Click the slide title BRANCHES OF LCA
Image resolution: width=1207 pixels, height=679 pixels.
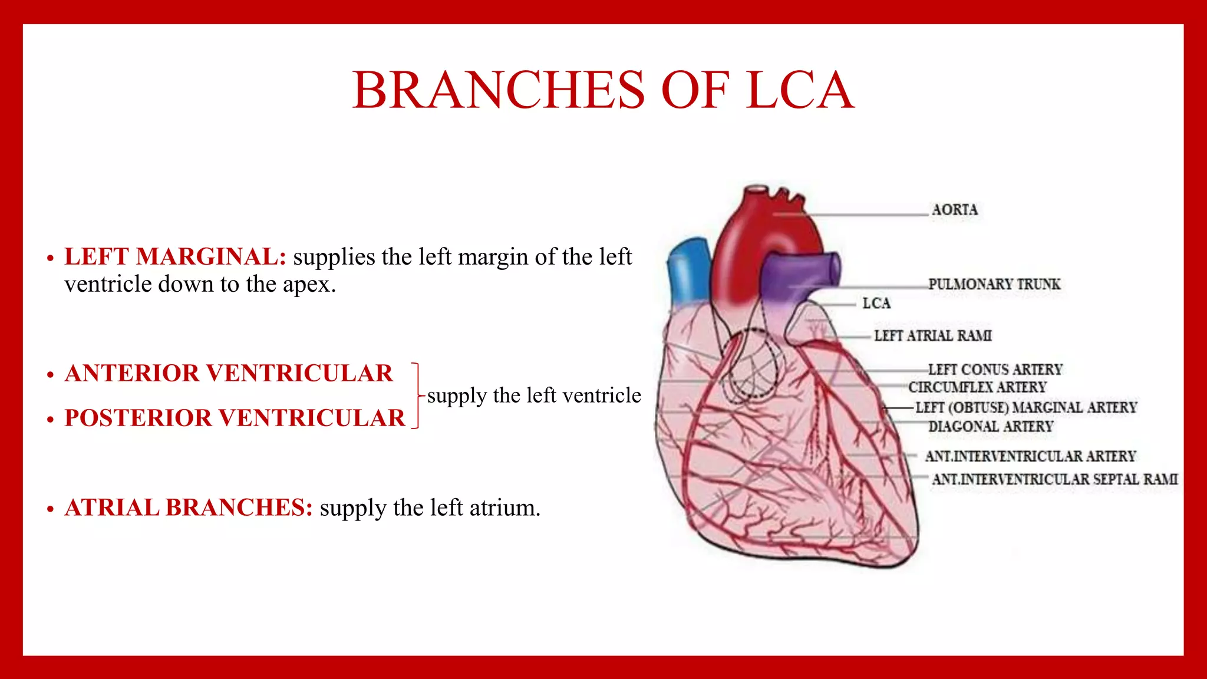603,90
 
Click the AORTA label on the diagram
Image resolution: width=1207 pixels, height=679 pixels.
954,210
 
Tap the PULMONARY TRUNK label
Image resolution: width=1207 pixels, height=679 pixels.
994,284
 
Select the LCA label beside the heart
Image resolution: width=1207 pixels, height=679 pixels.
876,304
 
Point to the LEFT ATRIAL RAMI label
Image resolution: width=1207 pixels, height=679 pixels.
932,336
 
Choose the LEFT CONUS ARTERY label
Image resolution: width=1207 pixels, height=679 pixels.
995,370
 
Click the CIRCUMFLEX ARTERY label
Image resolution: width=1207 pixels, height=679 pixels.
977,387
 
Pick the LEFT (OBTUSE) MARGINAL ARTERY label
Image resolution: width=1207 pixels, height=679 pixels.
1025,407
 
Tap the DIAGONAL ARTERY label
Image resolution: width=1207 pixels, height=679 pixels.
990,426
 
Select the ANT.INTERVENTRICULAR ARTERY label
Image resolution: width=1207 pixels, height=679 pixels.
1030,456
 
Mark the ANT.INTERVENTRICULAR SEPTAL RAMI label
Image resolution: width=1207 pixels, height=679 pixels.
1054,479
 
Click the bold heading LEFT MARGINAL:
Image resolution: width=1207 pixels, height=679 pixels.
175,257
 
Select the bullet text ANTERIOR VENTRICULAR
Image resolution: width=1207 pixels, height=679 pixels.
229,373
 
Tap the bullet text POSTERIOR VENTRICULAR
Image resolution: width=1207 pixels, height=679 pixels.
235,418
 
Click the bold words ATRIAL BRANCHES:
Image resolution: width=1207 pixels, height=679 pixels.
189,507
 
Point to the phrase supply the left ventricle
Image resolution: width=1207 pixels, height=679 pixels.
534,395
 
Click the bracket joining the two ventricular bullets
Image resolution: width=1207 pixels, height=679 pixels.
417,395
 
